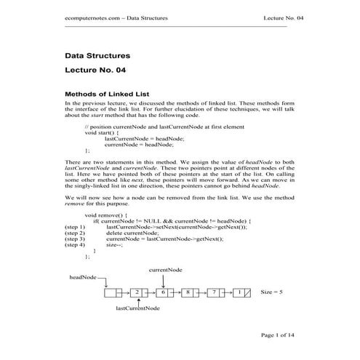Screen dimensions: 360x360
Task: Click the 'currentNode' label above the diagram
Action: tap(165, 269)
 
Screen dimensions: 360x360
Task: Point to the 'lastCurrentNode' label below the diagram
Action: tap(137, 308)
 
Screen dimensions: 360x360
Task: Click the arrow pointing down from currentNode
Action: tap(164, 279)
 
